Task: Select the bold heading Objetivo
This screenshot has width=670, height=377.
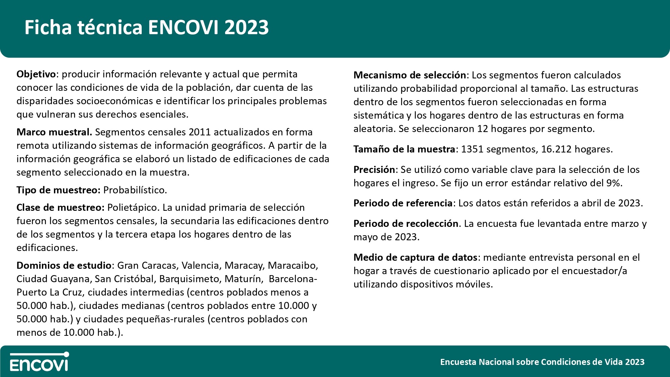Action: coord(36,74)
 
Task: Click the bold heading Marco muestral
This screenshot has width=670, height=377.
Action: coord(54,132)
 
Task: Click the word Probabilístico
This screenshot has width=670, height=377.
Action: coord(135,190)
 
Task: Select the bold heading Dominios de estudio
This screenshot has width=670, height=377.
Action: coord(64,265)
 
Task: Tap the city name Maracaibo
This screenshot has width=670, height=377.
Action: coord(293,265)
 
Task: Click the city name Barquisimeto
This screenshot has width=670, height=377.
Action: coord(190,279)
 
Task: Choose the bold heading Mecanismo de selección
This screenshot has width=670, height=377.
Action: coord(410,75)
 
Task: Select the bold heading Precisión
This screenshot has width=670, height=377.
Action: coord(375,170)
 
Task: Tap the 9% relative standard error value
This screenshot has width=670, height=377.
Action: coord(614,183)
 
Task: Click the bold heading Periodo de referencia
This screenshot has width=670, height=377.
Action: coord(403,203)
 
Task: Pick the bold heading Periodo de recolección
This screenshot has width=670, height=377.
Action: coord(406,224)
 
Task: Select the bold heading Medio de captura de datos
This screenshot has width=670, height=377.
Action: coord(415,257)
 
